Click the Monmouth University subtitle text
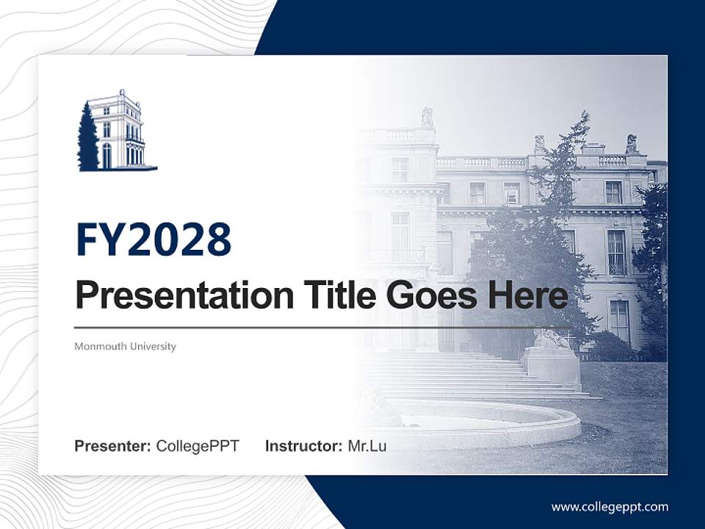tap(126, 346)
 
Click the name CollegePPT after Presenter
tap(198, 446)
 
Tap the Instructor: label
tap(303, 446)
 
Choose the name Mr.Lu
tap(367, 446)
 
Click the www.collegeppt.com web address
tap(610, 506)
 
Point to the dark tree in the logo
tap(87, 140)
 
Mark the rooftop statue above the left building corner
tap(427, 118)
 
